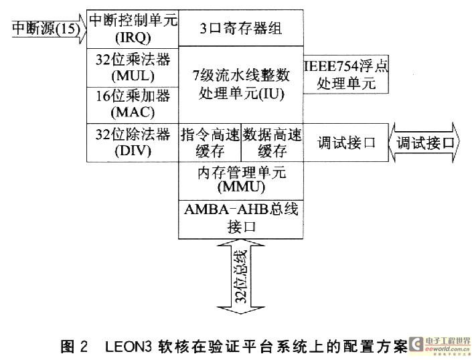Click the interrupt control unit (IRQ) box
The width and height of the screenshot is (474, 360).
[x=133, y=28]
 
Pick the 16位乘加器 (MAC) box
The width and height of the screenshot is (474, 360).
[x=133, y=103]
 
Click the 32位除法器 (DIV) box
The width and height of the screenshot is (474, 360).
[x=133, y=142]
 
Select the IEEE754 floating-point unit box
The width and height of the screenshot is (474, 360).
[x=346, y=75]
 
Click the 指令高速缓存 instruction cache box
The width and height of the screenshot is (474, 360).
[x=210, y=142]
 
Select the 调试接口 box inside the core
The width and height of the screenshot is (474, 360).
[x=346, y=143]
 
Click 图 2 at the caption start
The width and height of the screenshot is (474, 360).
[x=75, y=346]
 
